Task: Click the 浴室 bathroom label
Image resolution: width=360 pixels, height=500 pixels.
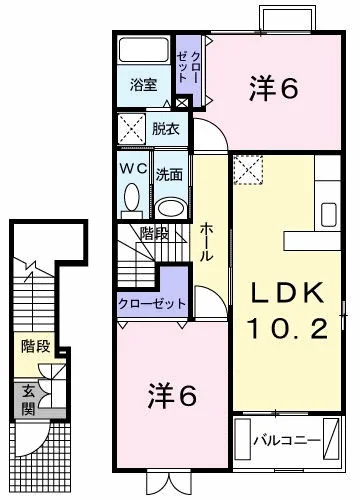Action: [x=144, y=86]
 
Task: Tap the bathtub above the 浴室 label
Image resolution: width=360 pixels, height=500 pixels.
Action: [x=143, y=52]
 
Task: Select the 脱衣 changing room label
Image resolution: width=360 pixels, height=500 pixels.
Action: [x=166, y=128]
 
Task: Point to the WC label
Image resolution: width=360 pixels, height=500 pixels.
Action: [x=132, y=171]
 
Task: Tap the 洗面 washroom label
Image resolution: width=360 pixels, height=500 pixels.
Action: [x=170, y=173]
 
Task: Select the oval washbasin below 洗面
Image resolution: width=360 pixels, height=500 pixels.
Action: [x=171, y=206]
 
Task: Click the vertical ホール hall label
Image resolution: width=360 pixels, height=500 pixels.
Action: [x=204, y=241]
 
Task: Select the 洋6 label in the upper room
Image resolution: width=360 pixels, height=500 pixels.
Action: [x=273, y=90]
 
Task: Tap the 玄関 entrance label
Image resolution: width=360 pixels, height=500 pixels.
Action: [x=29, y=399]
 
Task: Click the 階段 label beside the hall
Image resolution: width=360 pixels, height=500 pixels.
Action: [x=153, y=235]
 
